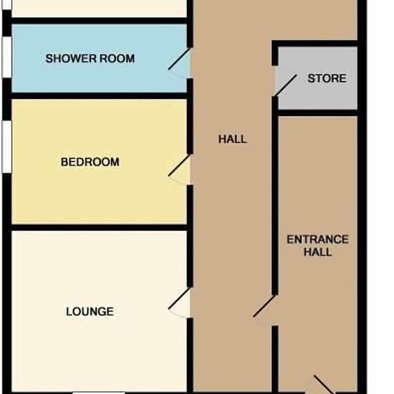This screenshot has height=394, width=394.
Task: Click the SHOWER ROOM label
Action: (90, 59)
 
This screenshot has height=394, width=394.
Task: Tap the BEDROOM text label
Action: (90, 162)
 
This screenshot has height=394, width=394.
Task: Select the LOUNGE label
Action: (90, 312)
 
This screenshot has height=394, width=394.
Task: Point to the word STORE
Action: (327, 78)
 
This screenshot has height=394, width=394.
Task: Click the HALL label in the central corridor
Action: (232, 139)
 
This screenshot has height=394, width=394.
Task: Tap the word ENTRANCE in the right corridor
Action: (318, 239)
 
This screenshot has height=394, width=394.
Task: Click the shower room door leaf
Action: (179, 59)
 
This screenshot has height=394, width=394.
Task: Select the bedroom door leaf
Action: (179, 165)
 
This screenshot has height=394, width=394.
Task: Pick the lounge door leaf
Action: (179, 298)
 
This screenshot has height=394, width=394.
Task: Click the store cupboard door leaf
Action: (286, 85)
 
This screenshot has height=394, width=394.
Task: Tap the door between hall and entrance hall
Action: (264, 306)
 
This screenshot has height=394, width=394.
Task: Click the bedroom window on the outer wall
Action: (6, 147)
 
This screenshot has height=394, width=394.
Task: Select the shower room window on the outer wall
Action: (6, 57)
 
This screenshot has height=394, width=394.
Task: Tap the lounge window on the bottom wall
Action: (99, 393)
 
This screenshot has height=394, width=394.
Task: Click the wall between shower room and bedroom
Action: (100, 96)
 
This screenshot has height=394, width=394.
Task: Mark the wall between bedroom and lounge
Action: (100, 227)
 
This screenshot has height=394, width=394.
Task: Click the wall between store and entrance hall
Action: (317, 112)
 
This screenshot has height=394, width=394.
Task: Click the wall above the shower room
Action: (100, 21)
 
